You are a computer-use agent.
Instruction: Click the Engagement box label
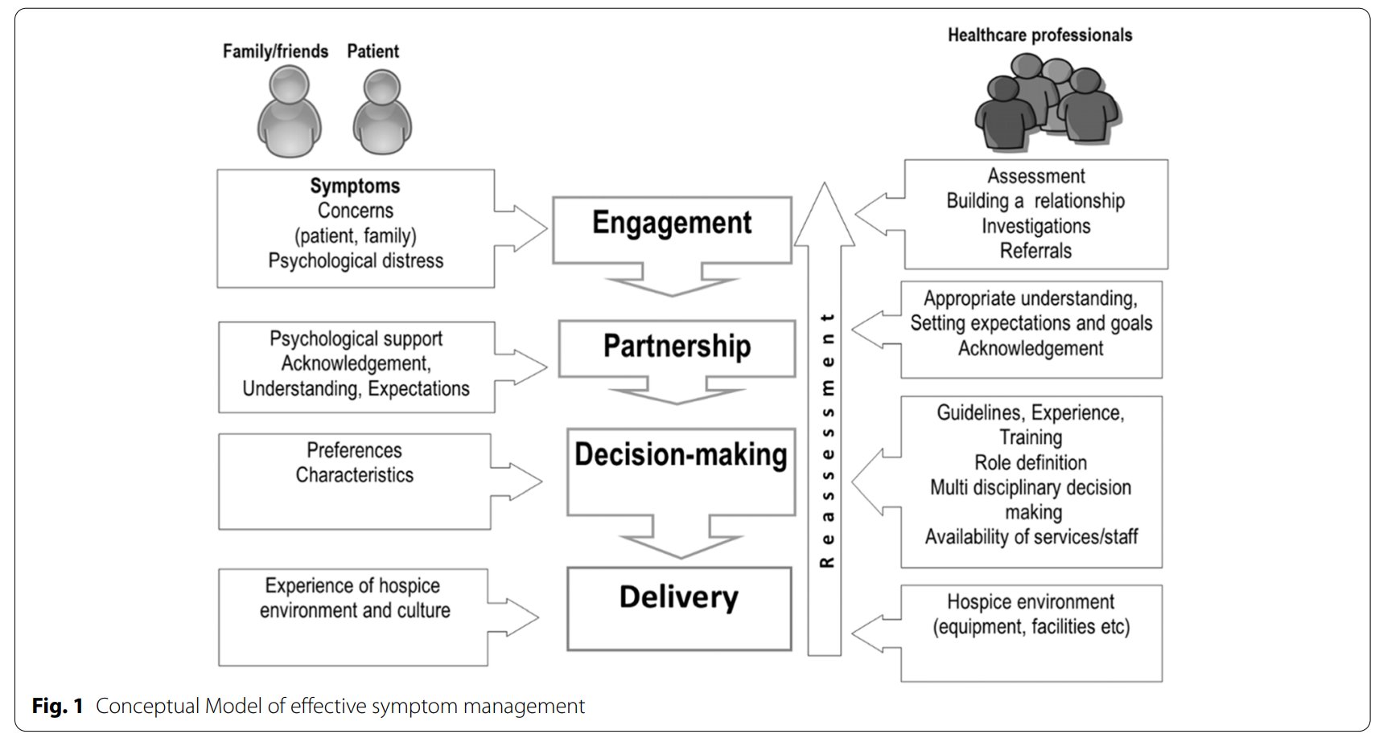pyautogui.click(x=672, y=223)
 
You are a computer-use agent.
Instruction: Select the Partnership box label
pyautogui.click(x=677, y=346)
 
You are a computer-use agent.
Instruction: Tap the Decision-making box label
pyautogui.click(x=681, y=454)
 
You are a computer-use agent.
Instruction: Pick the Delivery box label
pyautogui.click(x=678, y=597)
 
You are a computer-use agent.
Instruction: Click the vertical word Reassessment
pyautogui.click(x=826, y=441)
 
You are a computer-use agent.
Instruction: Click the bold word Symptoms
pyautogui.click(x=355, y=186)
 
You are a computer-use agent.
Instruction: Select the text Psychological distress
pyautogui.click(x=356, y=260)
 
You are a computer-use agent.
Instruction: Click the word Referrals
pyautogui.click(x=1035, y=251)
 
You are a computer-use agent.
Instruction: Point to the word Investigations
pyautogui.click(x=1035, y=226)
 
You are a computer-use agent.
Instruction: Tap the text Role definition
pyautogui.click(x=1030, y=462)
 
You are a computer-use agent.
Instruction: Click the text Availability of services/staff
pyautogui.click(x=1031, y=536)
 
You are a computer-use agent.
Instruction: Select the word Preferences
pyautogui.click(x=354, y=450)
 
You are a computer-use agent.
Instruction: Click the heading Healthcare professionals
pyautogui.click(x=1039, y=35)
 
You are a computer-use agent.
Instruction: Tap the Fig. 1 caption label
pyautogui.click(x=57, y=706)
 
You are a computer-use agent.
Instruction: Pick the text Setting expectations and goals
pyautogui.click(x=1031, y=323)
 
